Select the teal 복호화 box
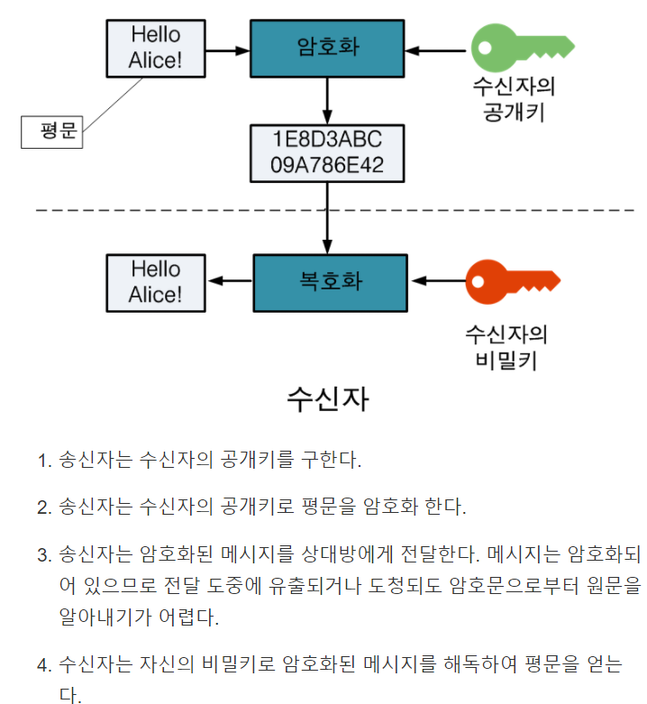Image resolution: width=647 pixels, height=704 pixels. (x=330, y=281)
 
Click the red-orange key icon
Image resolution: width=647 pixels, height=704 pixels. (x=510, y=281)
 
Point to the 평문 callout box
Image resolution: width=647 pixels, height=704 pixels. (x=52, y=132)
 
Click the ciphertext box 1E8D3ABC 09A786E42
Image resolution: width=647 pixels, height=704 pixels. (x=327, y=152)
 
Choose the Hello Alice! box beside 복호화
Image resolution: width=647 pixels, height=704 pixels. (x=155, y=281)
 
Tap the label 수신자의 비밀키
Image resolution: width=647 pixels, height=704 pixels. (x=506, y=347)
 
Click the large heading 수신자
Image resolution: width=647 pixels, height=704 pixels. (x=326, y=398)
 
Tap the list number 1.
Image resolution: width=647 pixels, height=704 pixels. (x=42, y=461)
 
